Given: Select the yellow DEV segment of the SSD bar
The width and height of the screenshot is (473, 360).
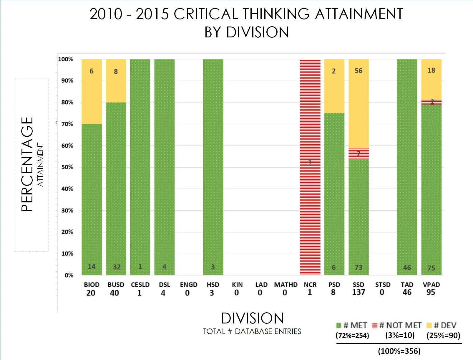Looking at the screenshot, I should click(x=359, y=109).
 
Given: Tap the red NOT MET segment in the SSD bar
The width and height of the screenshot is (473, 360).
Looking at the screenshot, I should click(x=359, y=153).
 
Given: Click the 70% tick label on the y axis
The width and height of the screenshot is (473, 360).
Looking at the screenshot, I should click(x=67, y=124).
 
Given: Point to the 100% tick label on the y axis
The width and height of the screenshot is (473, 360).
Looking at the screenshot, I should click(x=66, y=59).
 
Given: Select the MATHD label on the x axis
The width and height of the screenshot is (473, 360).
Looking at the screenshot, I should click(x=286, y=285).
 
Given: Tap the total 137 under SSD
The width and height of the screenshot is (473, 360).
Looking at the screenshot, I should click(x=359, y=293).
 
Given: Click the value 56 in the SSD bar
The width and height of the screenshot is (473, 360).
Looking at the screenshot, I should click(x=359, y=71).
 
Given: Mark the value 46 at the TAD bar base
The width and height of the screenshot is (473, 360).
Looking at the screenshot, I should click(x=407, y=268).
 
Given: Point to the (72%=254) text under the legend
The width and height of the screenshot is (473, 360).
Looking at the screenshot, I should click(x=352, y=336).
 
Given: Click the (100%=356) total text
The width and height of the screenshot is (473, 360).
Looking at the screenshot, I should click(x=399, y=351).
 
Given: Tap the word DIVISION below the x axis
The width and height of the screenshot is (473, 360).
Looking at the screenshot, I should click(x=252, y=318).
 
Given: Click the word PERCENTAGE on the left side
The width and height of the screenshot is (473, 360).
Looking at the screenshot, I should click(x=27, y=164).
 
